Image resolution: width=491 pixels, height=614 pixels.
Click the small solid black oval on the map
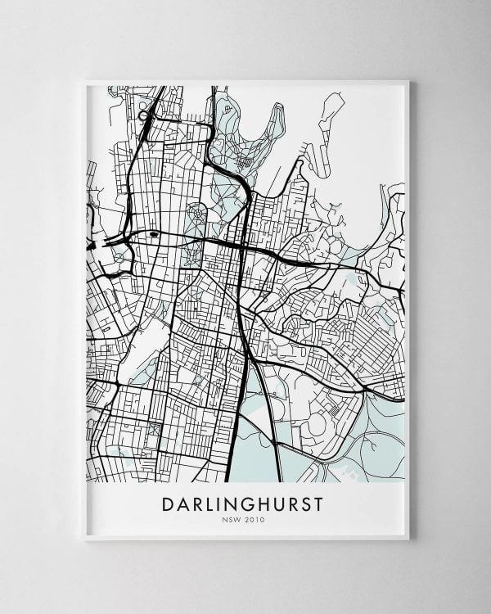(154, 234)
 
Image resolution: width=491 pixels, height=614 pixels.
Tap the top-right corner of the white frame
(407, 81)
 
